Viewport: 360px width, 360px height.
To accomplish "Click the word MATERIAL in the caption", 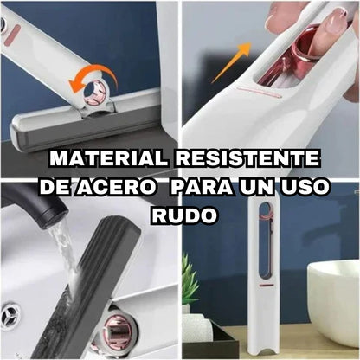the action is pyautogui.click(x=108, y=158).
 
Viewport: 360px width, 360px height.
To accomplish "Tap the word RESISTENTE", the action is pyautogui.click(x=247, y=158).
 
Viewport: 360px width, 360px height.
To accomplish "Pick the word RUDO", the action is pyautogui.click(x=184, y=215).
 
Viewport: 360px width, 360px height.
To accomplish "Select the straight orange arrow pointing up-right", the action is pyautogui.click(x=231, y=62).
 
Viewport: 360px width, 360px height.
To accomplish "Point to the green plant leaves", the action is pyautogui.click(x=190, y=277).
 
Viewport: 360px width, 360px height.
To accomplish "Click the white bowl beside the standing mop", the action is pyautogui.click(x=334, y=300).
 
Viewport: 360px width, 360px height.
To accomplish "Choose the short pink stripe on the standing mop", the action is pyautogui.click(x=266, y=285).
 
